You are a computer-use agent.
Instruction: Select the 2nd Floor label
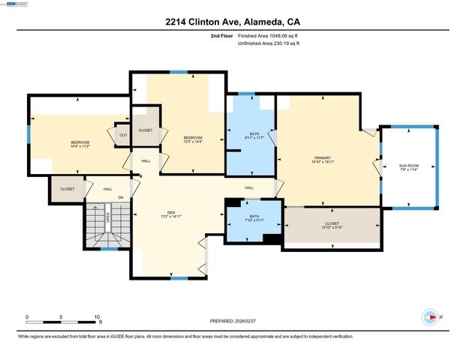(222, 35)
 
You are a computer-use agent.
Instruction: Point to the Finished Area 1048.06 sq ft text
(269, 35)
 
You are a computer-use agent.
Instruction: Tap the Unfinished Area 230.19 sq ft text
(269, 43)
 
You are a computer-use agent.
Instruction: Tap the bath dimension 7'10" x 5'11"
(254, 220)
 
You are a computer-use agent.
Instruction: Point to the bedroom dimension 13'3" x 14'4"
(193, 142)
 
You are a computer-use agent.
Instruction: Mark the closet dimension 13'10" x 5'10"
(332, 226)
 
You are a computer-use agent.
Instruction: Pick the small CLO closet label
(123, 135)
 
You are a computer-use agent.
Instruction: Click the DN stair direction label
(121, 197)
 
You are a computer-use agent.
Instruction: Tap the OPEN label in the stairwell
(108, 217)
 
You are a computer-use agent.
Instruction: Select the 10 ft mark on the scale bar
(97, 317)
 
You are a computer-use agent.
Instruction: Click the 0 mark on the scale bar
(28, 317)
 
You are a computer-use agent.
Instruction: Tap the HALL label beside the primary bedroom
(249, 187)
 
